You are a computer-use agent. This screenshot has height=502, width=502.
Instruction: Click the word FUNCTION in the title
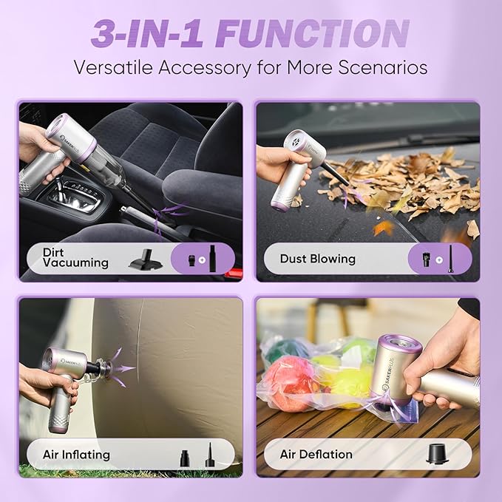point(313,33)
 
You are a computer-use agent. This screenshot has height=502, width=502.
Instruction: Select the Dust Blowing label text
point(317,259)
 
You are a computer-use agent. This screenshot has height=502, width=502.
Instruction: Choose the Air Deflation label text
point(316,454)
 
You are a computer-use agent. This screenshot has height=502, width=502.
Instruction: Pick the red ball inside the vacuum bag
point(291,381)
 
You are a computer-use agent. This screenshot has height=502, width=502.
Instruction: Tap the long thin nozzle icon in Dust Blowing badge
point(450,258)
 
